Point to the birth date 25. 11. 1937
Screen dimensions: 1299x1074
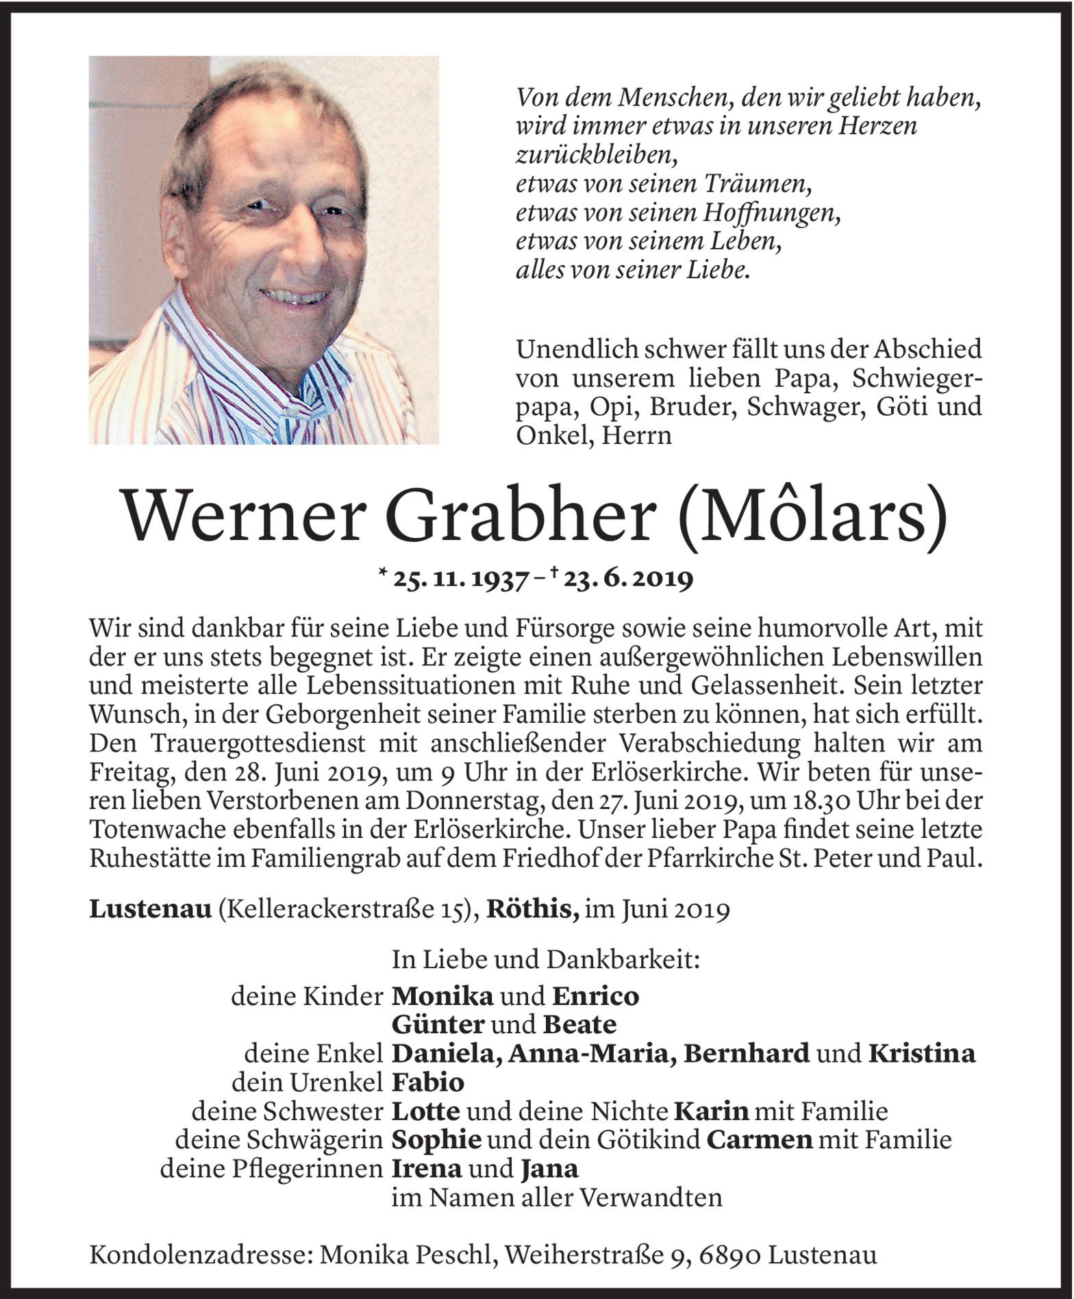(x=460, y=580)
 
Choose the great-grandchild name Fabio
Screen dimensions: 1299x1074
(x=428, y=1082)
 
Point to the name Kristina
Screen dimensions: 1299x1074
(x=921, y=1054)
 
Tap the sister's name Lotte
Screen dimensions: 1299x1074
(x=425, y=1111)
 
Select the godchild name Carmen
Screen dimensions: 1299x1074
(x=759, y=1140)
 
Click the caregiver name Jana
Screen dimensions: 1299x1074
(x=549, y=1169)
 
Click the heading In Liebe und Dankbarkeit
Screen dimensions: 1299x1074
(x=546, y=961)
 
